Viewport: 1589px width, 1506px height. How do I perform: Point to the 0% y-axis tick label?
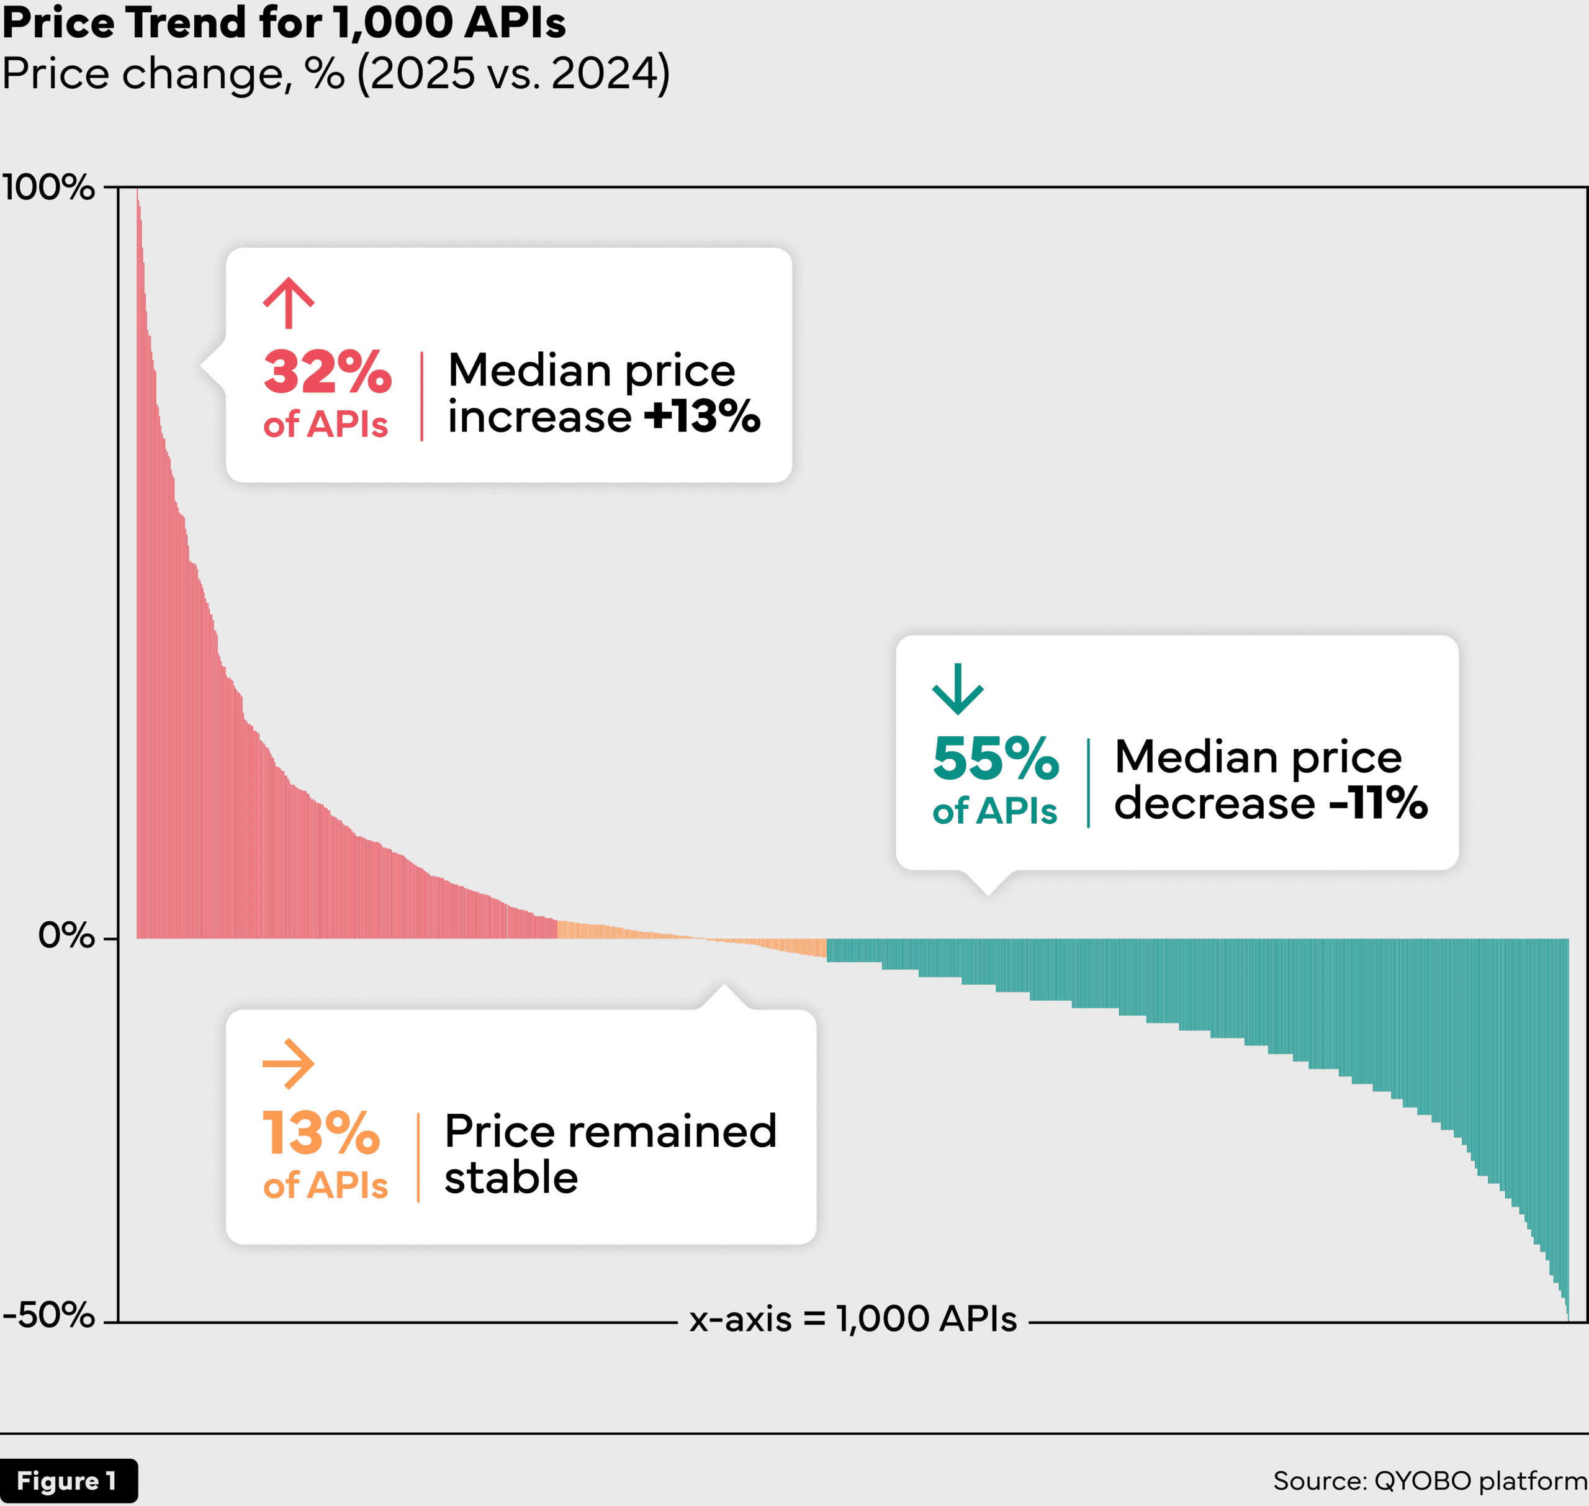click(x=66, y=936)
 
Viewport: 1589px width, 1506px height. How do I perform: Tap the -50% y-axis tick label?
click(x=48, y=1315)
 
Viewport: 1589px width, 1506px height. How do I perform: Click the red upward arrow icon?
click(x=289, y=303)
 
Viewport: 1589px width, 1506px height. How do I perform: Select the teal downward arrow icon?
click(x=957, y=689)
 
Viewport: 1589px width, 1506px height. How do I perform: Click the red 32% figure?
click(x=328, y=372)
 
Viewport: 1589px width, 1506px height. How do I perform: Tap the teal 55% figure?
click(x=995, y=759)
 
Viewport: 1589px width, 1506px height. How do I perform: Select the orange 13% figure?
click(x=321, y=1134)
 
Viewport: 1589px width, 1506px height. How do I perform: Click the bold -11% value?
click(x=1378, y=802)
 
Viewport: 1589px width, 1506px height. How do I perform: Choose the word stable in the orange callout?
click(x=511, y=1178)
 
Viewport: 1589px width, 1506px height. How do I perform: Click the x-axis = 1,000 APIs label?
click(x=853, y=1319)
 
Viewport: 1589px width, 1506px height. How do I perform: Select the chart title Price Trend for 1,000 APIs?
click(x=284, y=22)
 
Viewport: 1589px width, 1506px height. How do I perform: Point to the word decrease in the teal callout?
click(x=1214, y=802)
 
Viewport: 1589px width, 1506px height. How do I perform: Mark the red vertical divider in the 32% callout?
click(x=422, y=396)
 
